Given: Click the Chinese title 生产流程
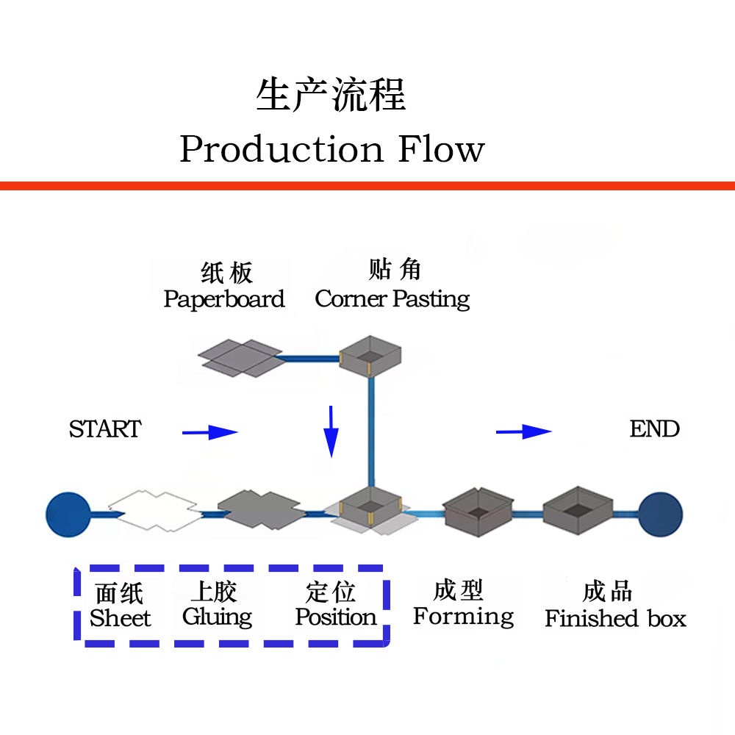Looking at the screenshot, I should tap(331, 96).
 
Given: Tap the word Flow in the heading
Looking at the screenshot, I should tap(442, 149).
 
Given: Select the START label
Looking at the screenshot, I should tap(105, 429).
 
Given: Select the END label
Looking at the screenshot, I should tap(654, 429).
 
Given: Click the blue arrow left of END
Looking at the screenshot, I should tap(524, 431).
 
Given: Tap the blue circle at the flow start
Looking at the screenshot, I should tap(68, 513).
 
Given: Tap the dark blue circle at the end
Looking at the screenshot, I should tap(660, 513).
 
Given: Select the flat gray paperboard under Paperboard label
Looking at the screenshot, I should tap(240, 358).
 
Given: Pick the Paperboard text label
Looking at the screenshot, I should tap(224, 300).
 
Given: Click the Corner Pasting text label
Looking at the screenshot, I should tap(392, 299).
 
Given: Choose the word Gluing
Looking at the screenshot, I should tap(217, 617).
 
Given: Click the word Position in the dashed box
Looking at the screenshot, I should tap(335, 617).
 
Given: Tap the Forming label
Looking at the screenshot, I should tap(463, 617).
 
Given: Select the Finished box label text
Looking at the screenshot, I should tap(615, 619).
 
